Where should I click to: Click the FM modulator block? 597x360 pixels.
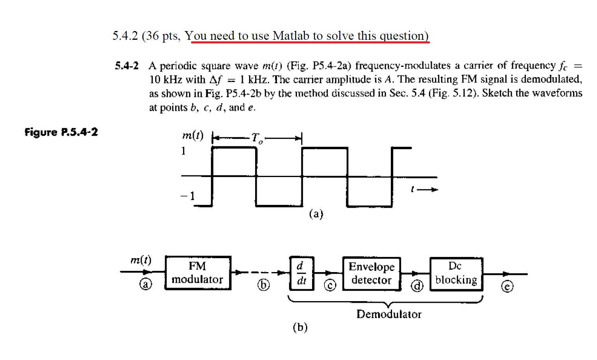coord(198,273)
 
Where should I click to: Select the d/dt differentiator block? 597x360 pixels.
coord(302,273)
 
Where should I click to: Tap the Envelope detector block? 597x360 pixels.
coord(371,273)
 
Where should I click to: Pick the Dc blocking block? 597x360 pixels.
coord(456,273)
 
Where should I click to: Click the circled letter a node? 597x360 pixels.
coord(146,284)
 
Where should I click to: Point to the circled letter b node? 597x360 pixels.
coord(263,285)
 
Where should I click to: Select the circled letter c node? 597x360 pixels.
coord(330,285)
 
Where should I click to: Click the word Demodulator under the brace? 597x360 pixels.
coord(388,314)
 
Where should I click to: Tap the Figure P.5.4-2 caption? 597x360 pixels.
coord(61,132)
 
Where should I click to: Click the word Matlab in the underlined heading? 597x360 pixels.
coord(291,36)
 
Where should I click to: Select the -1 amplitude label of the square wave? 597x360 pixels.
coord(188,196)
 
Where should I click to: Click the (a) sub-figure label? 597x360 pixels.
coord(316,214)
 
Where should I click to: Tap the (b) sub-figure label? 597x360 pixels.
coord(300,327)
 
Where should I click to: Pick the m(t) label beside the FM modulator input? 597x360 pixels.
coord(141,260)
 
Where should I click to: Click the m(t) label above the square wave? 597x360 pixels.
coord(193,136)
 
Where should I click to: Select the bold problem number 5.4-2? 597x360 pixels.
coord(127,66)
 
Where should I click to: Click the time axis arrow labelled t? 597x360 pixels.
coord(424,190)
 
